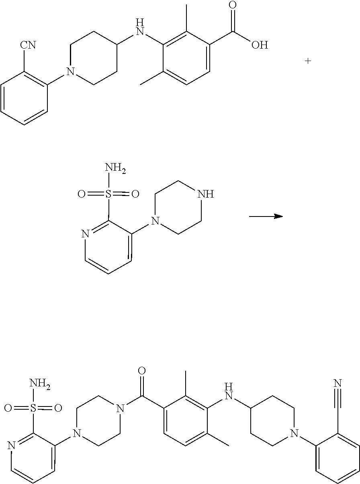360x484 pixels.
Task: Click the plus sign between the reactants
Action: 308,61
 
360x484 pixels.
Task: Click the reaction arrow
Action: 266,216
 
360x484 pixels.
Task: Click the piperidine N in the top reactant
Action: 71,72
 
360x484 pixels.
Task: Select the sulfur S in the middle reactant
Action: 107,194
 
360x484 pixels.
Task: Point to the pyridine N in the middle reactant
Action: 85,235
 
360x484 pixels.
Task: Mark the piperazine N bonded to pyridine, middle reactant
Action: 155,221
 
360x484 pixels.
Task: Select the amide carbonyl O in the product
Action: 141,370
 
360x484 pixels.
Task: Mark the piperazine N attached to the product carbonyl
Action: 119,408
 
